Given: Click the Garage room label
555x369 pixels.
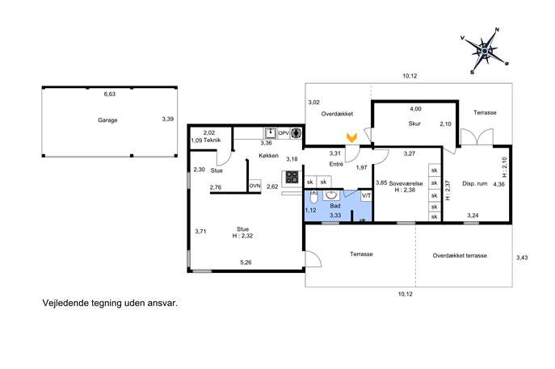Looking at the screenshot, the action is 107,120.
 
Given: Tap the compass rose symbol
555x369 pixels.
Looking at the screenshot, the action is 485,51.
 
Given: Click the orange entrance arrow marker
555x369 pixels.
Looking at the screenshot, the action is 351,137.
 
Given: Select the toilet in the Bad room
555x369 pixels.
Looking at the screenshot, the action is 313,197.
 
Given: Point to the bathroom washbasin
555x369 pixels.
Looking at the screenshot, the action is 331,195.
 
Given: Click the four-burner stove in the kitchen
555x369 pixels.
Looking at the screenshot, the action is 292,178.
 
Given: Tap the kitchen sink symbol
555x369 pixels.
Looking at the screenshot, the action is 271,133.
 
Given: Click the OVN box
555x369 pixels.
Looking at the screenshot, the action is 254,186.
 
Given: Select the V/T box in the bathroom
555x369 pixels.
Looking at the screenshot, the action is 366,195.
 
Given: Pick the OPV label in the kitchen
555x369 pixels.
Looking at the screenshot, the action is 284,133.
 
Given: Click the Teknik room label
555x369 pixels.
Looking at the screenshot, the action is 212,140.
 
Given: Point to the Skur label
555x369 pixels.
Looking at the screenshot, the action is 414,124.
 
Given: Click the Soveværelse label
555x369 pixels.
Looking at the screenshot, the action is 406,183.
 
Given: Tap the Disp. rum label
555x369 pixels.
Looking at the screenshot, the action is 475,183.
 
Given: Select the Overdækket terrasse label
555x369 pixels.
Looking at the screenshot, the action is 460,255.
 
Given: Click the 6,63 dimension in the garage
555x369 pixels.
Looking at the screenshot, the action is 110,94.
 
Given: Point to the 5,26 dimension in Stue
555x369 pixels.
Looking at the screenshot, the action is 246,262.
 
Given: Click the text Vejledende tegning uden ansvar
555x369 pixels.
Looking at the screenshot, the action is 110,304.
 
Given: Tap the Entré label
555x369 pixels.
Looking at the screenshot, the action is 336,164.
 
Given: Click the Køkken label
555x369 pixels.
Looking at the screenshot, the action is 269,156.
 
